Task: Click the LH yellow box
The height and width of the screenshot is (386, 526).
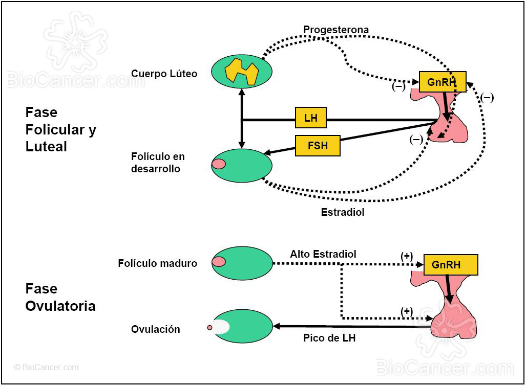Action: click(x=311, y=118)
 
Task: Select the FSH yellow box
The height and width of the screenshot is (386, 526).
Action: click(x=318, y=146)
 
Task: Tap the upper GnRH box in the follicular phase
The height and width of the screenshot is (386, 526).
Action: click(x=443, y=82)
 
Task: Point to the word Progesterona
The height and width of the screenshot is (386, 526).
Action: click(x=335, y=30)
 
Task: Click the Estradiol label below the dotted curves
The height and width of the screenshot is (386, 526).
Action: click(x=343, y=212)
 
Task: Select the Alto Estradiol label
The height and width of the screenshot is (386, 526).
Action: click(x=323, y=254)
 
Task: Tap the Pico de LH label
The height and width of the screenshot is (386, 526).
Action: click(x=329, y=338)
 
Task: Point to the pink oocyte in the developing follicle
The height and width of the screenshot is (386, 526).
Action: click(x=219, y=164)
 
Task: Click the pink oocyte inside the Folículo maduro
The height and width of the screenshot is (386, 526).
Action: click(x=219, y=261)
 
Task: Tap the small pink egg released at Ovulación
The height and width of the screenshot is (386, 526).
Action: click(x=209, y=328)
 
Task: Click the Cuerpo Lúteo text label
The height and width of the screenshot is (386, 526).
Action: click(x=164, y=74)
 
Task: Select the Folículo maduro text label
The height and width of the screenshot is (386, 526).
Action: click(x=157, y=264)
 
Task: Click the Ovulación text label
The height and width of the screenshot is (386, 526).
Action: click(x=156, y=330)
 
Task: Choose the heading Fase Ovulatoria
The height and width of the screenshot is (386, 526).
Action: click(x=60, y=298)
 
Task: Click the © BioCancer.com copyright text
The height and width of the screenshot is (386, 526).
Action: click(x=47, y=367)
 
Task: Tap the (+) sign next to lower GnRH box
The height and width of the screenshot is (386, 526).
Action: click(x=407, y=256)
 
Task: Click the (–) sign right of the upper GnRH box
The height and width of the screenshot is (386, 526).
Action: click(x=487, y=98)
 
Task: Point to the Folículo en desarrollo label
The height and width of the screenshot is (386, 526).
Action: click(x=158, y=163)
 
